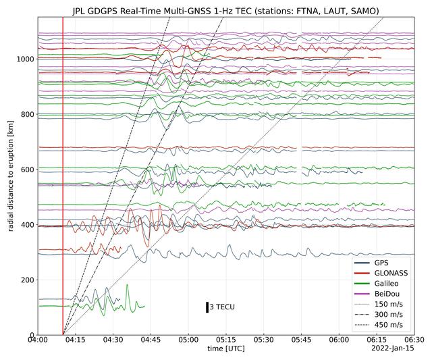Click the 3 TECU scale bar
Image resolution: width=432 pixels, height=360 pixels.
pyautogui.click(x=208, y=307)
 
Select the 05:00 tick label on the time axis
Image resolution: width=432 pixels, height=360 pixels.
pyautogui.click(x=189, y=340)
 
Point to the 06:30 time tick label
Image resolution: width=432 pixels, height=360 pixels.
pyautogui.click(x=414, y=340)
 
